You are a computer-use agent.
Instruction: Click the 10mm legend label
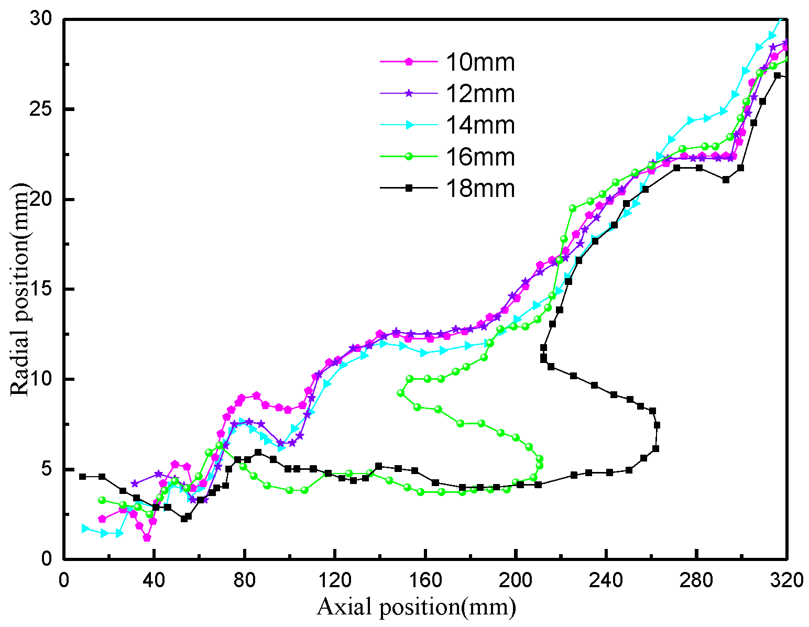[x=480, y=62]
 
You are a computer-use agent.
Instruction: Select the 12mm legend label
[x=480, y=94]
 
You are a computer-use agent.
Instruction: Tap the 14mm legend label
[x=480, y=125]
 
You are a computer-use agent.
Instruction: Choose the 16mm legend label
[x=480, y=157]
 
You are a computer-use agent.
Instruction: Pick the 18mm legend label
[x=480, y=189]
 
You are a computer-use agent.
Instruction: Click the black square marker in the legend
[x=409, y=188]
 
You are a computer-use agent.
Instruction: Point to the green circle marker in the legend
[x=409, y=156]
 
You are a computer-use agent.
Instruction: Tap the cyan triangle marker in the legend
[x=410, y=125]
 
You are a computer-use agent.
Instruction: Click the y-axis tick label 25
[x=45, y=109]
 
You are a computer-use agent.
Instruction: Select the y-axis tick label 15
[x=45, y=289]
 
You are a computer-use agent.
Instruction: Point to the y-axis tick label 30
[x=45, y=19]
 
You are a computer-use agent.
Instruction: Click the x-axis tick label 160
[x=425, y=580]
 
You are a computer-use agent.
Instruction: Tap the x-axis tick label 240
[x=606, y=580]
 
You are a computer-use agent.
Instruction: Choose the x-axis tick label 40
[x=154, y=580]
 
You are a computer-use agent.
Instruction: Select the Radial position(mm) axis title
[x=19, y=289]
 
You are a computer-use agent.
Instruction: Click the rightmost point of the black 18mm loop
[x=657, y=425]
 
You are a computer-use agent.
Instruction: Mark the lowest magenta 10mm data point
[x=147, y=538]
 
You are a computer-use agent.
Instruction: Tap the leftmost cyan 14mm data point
[x=85, y=529]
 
